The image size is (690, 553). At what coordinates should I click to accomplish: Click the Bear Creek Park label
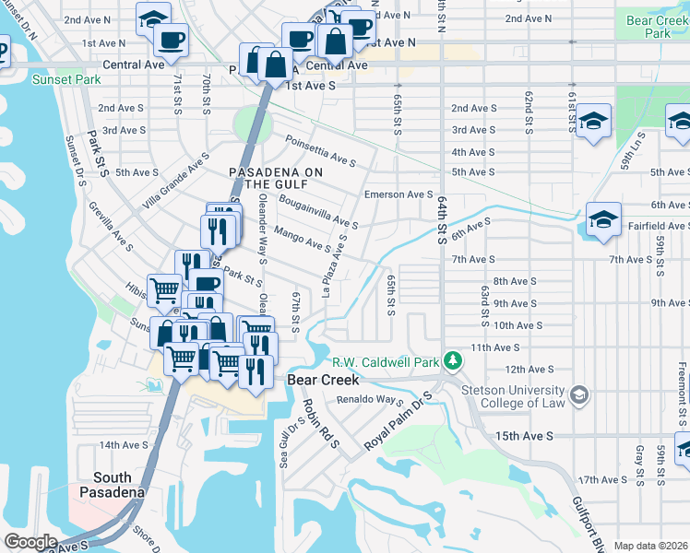[657, 26]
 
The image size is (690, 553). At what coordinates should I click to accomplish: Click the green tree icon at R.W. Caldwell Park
[452, 359]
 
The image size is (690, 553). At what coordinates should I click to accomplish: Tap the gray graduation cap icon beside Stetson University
[578, 394]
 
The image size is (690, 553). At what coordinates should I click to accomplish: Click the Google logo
[30, 541]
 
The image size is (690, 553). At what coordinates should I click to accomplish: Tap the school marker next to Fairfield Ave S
[602, 220]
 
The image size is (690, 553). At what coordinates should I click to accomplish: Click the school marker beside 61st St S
[594, 121]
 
